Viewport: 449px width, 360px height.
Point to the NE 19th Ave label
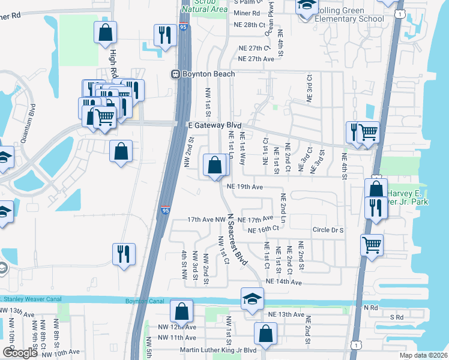(245, 187)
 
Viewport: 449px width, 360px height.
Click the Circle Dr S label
(328, 230)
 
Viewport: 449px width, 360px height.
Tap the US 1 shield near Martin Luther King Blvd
(357, 345)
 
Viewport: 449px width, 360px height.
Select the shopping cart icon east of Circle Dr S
(372, 244)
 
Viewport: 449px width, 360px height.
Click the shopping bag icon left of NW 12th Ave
(181, 311)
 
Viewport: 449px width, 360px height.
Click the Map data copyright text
(423, 355)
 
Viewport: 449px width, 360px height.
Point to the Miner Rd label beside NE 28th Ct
(247, 13)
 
